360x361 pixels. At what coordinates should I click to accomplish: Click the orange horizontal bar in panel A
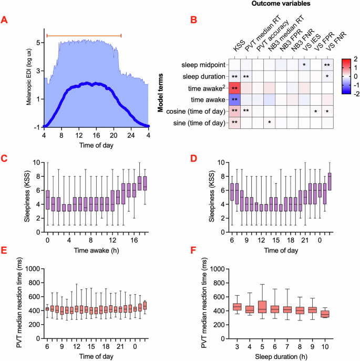pos(84,35)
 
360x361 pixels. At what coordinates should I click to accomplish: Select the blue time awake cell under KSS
pos(234,99)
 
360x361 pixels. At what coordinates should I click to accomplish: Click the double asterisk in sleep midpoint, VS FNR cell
pos(327,65)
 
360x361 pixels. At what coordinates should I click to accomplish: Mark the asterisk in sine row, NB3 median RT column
pos(269,123)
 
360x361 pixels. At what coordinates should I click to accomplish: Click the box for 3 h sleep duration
pos(237,306)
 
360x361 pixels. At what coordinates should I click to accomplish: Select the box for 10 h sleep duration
pos(324,314)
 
